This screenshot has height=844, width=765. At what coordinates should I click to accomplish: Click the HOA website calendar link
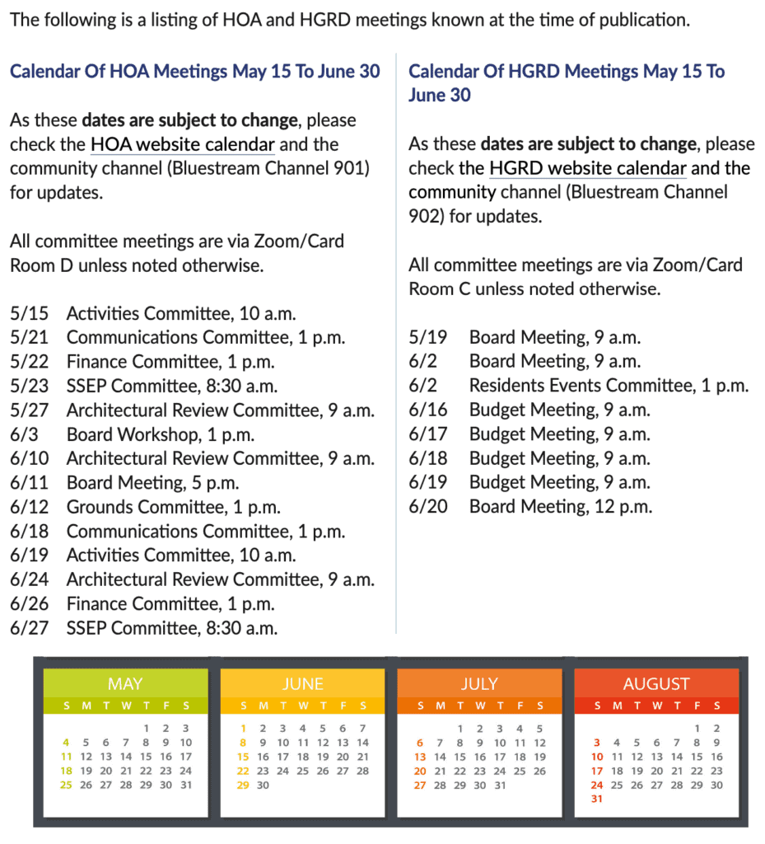(x=183, y=145)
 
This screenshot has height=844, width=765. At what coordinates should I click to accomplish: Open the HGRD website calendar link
(x=588, y=169)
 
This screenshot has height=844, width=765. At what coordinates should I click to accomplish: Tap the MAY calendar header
(x=125, y=684)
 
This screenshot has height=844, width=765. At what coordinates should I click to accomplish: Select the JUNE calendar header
(x=302, y=684)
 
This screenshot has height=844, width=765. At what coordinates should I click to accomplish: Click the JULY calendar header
(x=479, y=684)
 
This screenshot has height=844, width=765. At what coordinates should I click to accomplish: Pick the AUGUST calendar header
(x=656, y=684)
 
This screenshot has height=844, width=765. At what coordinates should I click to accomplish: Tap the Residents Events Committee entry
(x=609, y=386)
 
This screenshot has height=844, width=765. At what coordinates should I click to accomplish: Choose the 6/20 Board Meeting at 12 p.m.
(x=560, y=507)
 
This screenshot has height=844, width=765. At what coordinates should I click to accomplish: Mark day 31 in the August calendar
(x=597, y=799)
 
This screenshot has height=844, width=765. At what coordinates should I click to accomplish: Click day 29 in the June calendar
(x=243, y=785)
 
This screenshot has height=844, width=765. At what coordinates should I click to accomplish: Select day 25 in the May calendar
(x=66, y=785)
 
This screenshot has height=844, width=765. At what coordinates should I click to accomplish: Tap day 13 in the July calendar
(x=420, y=757)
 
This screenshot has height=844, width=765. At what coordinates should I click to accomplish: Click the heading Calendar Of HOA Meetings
(x=195, y=72)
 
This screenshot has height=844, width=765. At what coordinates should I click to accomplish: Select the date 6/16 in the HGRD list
(x=428, y=410)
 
